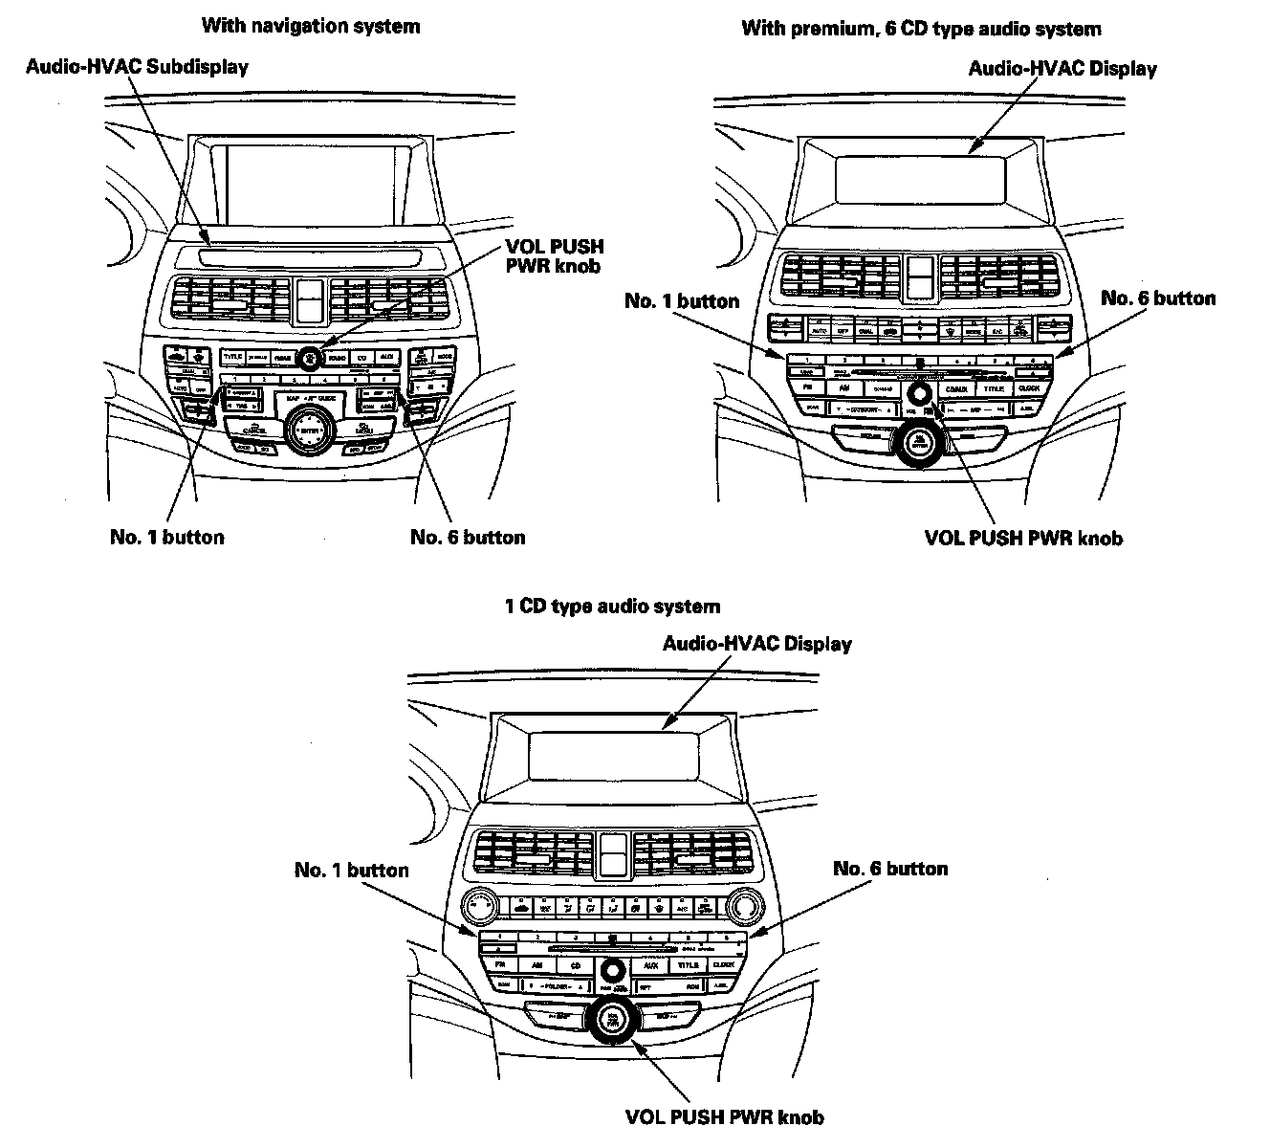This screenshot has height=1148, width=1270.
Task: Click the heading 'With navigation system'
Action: (x=310, y=26)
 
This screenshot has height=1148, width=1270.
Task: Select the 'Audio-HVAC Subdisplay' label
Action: (x=137, y=66)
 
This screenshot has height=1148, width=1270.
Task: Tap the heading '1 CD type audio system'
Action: (x=612, y=606)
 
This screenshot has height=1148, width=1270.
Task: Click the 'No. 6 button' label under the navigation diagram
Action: (x=468, y=537)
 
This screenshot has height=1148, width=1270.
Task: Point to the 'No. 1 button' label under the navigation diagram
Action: (x=166, y=537)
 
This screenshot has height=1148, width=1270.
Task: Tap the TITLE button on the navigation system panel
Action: (x=232, y=357)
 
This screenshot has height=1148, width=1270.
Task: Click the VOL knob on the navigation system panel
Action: (x=309, y=358)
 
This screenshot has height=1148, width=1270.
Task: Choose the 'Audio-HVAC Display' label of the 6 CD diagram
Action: (x=1062, y=68)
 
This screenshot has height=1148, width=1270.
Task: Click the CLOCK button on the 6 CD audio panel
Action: (x=1029, y=388)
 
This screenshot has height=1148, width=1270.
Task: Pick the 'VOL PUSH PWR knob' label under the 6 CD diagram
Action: (x=1023, y=537)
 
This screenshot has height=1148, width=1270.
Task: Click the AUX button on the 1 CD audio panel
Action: (x=649, y=966)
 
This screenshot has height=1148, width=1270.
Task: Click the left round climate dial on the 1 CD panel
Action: (x=478, y=905)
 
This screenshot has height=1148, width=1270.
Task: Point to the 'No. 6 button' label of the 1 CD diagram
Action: (x=890, y=868)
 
